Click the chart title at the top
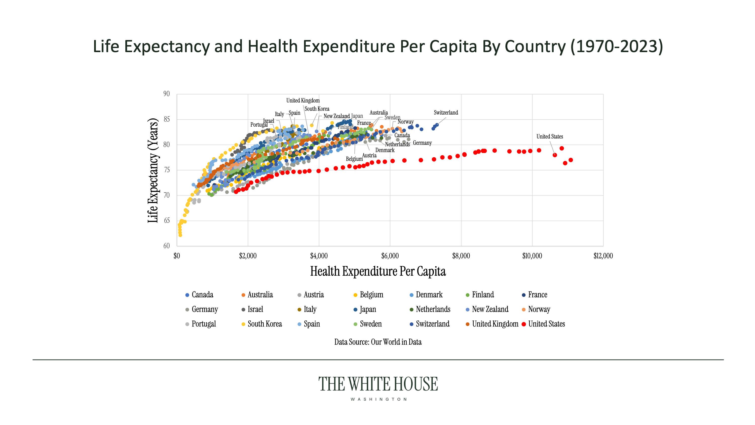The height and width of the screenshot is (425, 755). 377,46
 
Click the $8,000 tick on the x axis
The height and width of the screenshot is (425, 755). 461,256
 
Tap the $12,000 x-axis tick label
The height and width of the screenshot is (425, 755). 603,256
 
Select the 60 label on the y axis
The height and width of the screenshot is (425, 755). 166,246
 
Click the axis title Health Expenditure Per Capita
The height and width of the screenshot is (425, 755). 378,271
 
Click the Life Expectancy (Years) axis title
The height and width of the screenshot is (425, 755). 153,170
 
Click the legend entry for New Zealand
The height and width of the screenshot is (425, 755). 490,309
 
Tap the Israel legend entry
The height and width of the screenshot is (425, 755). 255,309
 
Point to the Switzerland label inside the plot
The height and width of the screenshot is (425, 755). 445,113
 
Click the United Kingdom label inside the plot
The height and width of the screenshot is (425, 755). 303,101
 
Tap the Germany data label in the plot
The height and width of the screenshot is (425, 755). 422,143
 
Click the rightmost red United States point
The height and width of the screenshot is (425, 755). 571,160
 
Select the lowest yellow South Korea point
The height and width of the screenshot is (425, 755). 180,235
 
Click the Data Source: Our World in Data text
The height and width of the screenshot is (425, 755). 378,342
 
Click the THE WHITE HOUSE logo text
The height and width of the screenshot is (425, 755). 378,384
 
